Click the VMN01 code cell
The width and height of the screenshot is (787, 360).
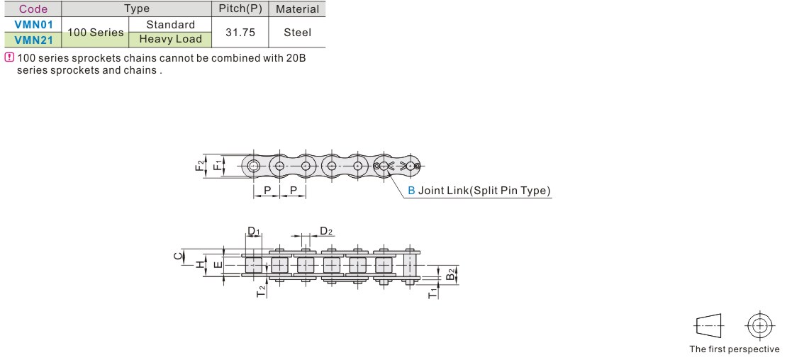pos(33,25)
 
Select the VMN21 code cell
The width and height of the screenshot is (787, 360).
pos(33,40)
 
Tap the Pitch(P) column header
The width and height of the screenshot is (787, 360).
pos(240,9)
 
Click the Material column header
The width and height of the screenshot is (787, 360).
pos(297,9)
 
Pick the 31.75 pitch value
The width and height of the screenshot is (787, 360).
pos(240,32)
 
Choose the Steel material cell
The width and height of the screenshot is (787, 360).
pos(297,32)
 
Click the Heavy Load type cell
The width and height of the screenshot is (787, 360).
pos(170,40)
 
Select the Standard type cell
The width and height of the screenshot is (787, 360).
pos(170,25)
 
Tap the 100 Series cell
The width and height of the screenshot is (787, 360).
pos(96,32)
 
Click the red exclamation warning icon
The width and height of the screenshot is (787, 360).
pos(9,57)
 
